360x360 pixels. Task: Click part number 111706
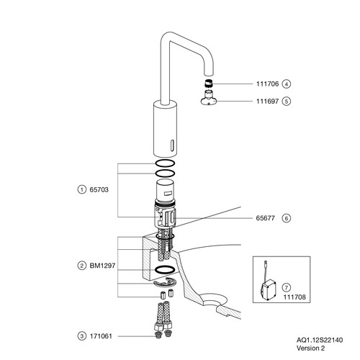click(267, 84)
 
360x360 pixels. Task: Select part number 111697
click(267, 102)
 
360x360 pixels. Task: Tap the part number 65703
click(99, 189)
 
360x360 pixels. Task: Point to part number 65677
click(265, 218)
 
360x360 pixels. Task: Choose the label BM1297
click(102, 266)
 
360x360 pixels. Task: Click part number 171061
click(101, 336)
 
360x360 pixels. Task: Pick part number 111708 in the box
click(294, 297)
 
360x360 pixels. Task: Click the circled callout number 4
click(287, 84)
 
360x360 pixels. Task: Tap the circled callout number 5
click(287, 102)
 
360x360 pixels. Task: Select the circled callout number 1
click(82, 189)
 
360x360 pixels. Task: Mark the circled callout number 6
click(287, 218)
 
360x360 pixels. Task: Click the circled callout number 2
click(82, 266)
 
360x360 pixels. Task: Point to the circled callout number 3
click(82, 336)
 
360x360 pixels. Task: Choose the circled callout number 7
click(287, 287)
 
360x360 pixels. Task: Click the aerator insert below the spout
click(209, 84)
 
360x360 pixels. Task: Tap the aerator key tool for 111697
click(209, 99)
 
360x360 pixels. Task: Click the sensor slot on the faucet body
click(172, 145)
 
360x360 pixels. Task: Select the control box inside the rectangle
click(269, 289)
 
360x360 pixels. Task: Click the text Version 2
click(310, 348)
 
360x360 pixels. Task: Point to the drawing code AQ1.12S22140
click(320, 340)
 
